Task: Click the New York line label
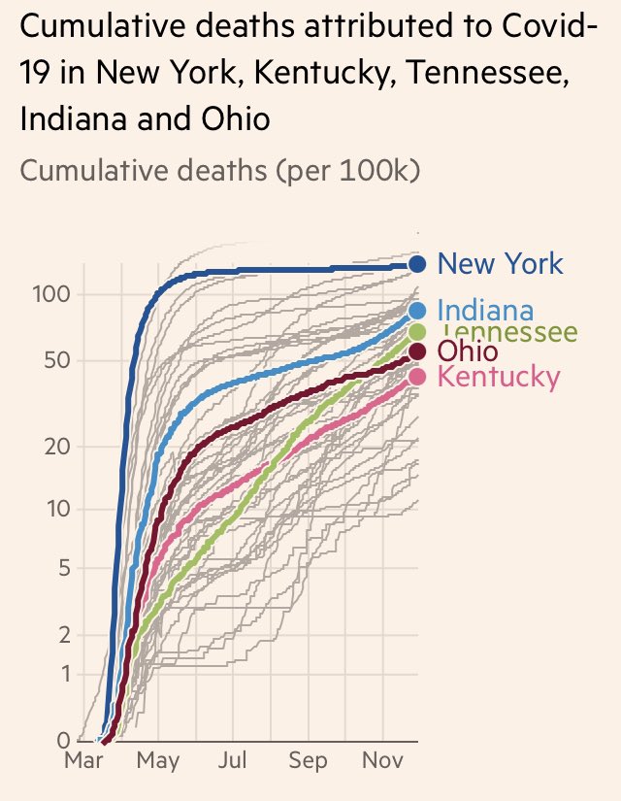click(x=500, y=263)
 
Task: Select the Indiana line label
click(x=485, y=311)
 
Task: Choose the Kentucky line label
click(x=499, y=377)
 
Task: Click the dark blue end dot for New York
click(x=417, y=263)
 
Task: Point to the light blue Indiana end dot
click(x=417, y=311)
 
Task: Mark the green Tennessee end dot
click(x=417, y=333)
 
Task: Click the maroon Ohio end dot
click(x=417, y=351)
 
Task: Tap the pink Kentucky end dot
click(x=417, y=377)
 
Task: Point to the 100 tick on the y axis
click(x=47, y=294)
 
